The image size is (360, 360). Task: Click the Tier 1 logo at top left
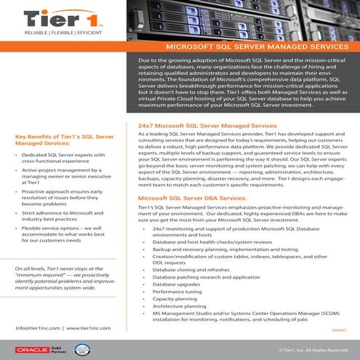tap(52, 20)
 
